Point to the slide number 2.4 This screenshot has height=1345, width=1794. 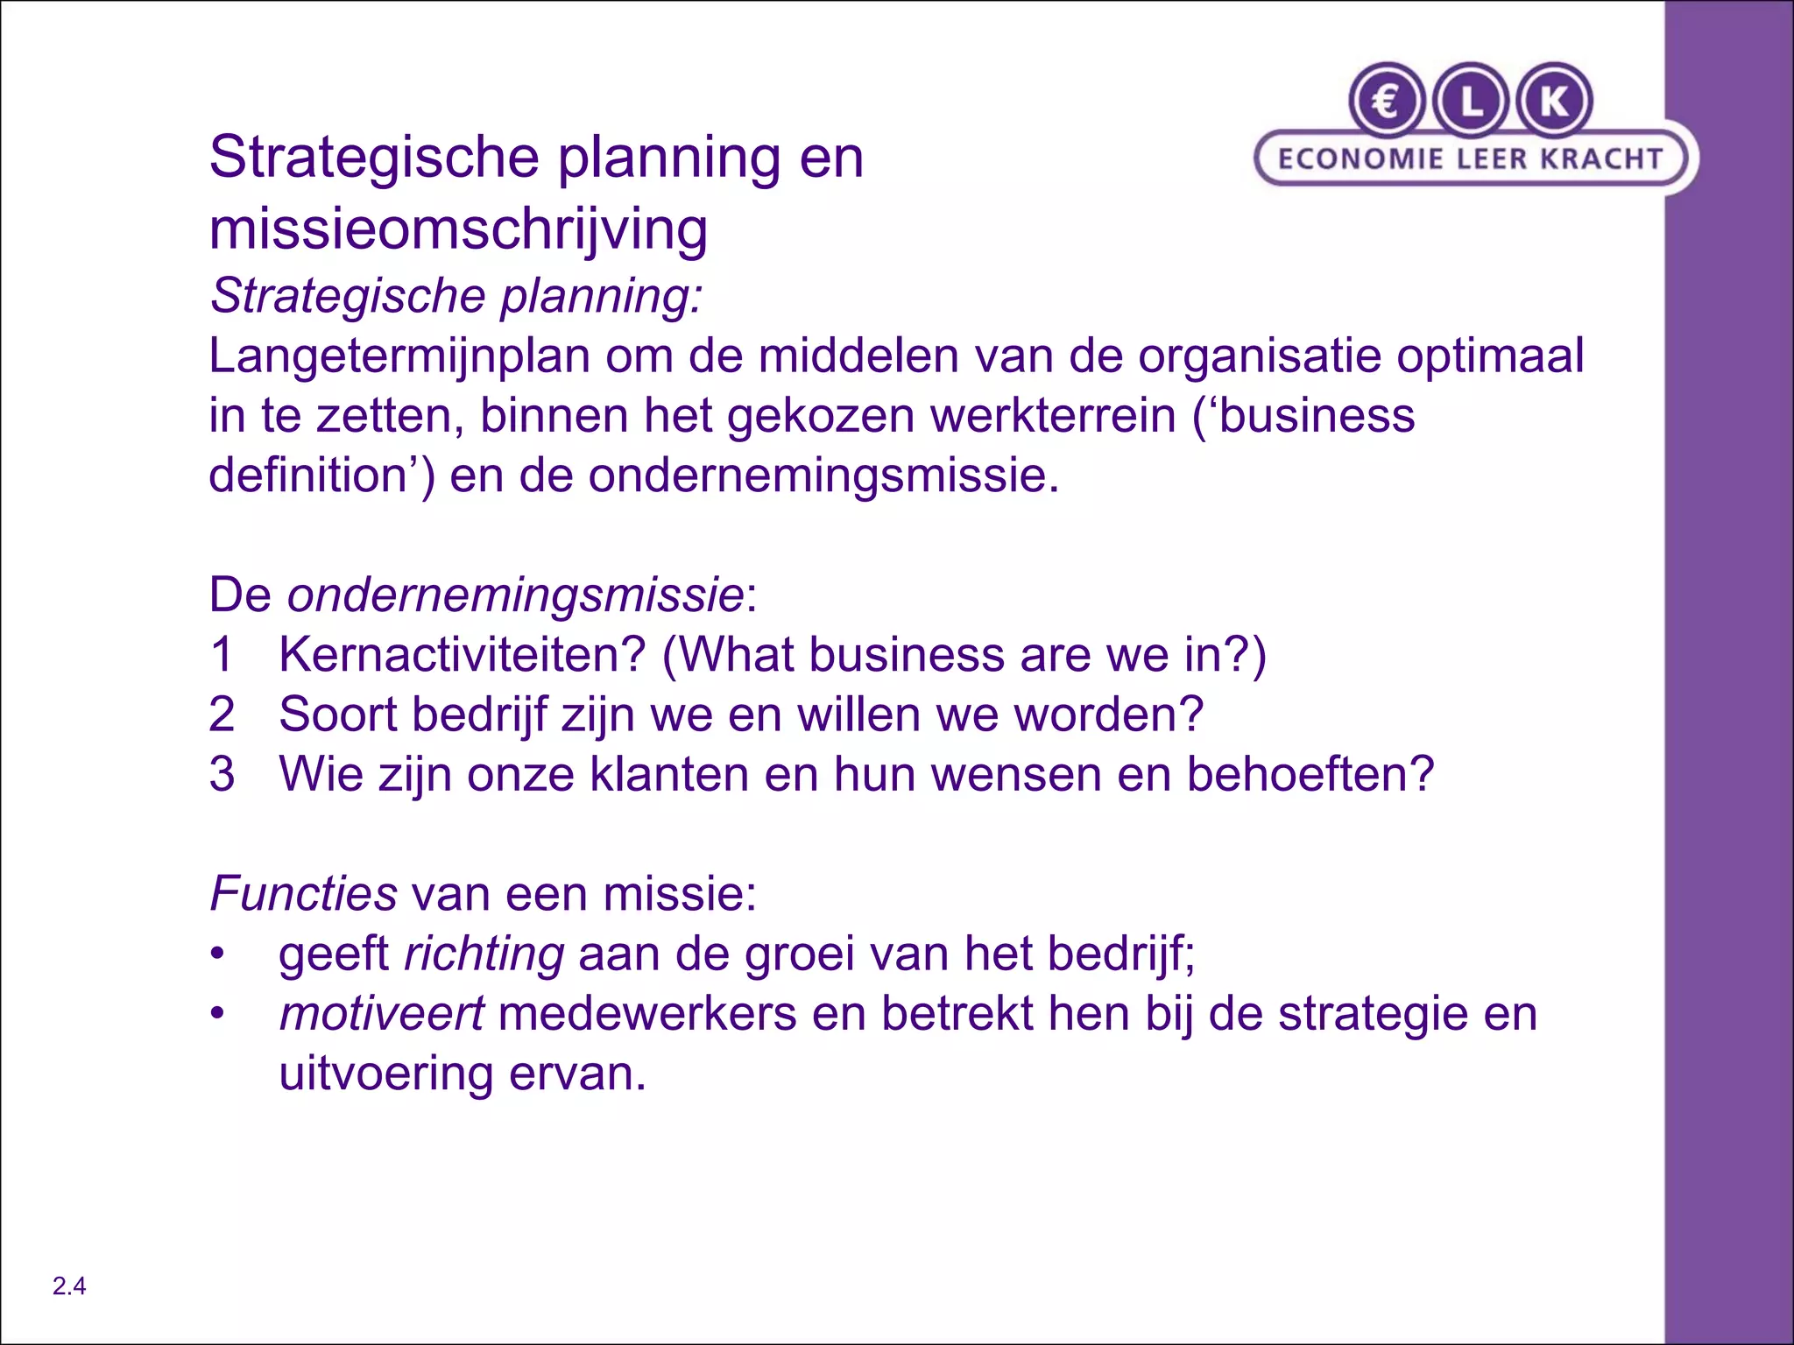coord(69,1286)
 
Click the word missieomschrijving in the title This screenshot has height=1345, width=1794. coord(458,229)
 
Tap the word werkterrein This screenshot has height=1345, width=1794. coord(1052,415)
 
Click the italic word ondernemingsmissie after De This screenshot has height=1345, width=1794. coord(516,595)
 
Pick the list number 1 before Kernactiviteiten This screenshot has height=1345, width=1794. coord(222,655)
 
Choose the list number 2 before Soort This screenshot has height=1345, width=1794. coord(222,715)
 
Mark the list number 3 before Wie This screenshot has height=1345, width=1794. coord(222,774)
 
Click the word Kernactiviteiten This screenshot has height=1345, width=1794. coord(462,655)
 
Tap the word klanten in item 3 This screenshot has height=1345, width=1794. coord(668,774)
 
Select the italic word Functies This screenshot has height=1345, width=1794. coord(304,894)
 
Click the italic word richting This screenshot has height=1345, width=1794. coord(484,954)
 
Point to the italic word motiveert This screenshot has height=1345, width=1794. coord(381,1014)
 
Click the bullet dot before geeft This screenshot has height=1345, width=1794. coord(217,954)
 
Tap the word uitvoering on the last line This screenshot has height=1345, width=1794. coord(386,1074)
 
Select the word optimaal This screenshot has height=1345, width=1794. coord(1490,357)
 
